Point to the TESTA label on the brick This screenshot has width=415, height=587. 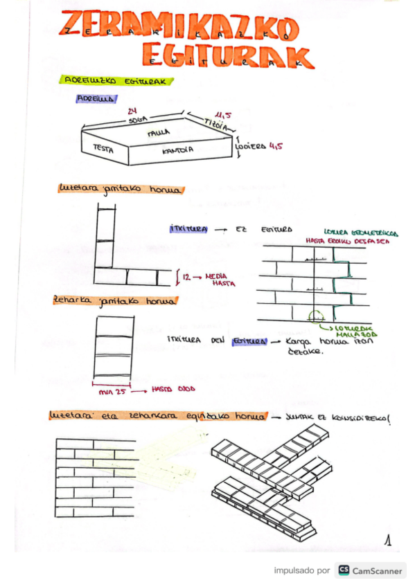(x=103, y=147)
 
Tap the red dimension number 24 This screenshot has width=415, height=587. (x=132, y=111)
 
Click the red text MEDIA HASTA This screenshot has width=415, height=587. (x=220, y=280)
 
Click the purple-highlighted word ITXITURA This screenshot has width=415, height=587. (x=186, y=229)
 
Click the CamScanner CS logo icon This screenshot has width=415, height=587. (x=343, y=570)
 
